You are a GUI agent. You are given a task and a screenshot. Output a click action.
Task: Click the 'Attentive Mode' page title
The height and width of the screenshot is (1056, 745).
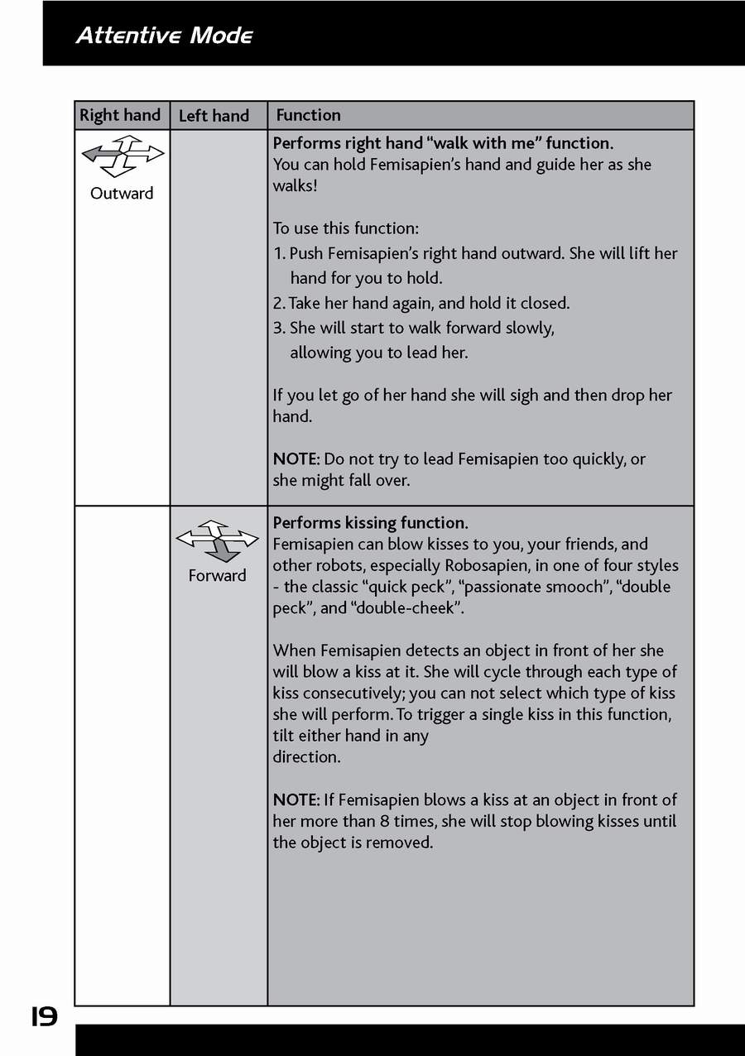click(x=164, y=36)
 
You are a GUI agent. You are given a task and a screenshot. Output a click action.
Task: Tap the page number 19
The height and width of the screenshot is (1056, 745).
click(x=45, y=1015)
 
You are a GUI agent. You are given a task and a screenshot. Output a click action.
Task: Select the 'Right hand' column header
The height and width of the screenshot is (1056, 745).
click(x=120, y=115)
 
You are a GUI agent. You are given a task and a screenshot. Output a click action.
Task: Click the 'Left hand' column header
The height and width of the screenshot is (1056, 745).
click(x=214, y=116)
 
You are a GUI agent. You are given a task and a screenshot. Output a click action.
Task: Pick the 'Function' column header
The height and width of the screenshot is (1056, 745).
click(x=308, y=115)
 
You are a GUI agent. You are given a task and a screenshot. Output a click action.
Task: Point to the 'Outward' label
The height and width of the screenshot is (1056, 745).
click(x=122, y=194)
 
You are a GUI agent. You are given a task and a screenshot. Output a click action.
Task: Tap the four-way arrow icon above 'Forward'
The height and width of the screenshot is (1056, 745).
click(x=217, y=540)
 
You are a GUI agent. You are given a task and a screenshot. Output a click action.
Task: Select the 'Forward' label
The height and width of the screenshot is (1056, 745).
click(x=217, y=576)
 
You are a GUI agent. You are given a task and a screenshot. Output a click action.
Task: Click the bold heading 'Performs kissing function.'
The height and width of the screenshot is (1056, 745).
click(x=370, y=523)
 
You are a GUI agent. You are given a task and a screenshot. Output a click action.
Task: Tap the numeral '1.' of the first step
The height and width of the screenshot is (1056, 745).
click(x=279, y=253)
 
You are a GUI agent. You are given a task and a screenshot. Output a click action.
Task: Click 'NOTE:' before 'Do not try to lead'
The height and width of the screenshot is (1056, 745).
click(x=296, y=458)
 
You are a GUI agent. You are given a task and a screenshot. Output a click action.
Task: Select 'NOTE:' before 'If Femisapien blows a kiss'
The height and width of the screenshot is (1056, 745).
click(x=296, y=799)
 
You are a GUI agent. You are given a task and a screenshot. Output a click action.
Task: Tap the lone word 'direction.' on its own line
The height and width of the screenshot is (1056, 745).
click(x=306, y=756)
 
